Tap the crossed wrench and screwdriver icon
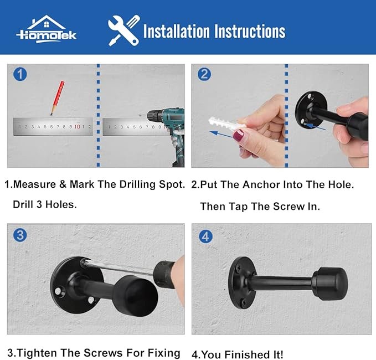[x=123, y=30]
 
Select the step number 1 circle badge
[x=20, y=74]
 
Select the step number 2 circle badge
[x=204, y=74]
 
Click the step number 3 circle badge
[x=20, y=235]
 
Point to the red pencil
[x=57, y=97]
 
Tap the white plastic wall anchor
[x=225, y=127]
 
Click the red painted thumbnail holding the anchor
[x=241, y=136]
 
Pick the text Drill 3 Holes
[x=45, y=204]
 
